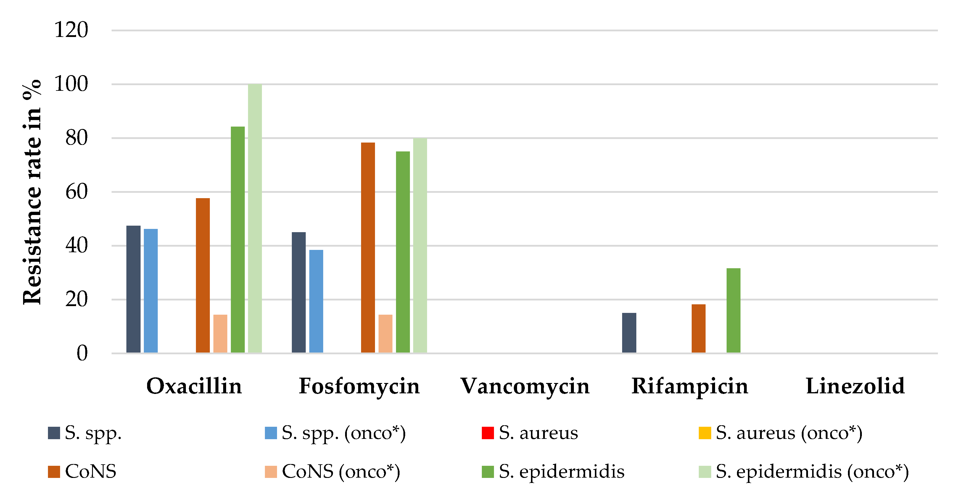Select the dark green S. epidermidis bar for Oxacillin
coord(238,240)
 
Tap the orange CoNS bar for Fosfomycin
coord(368,248)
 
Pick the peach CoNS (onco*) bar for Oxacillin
coord(220,334)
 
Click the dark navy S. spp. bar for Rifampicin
coord(629,333)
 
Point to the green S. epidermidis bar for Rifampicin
coord(733,311)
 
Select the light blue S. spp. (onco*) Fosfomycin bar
coord(316,301)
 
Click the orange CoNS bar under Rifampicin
coord(698,328)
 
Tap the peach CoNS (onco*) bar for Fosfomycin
coord(385,334)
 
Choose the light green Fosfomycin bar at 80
coord(420,245)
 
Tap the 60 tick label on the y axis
coord(76,192)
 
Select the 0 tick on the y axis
coord(82,353)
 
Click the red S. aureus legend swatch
coord(487,433)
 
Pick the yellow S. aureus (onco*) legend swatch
coord(704,433)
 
